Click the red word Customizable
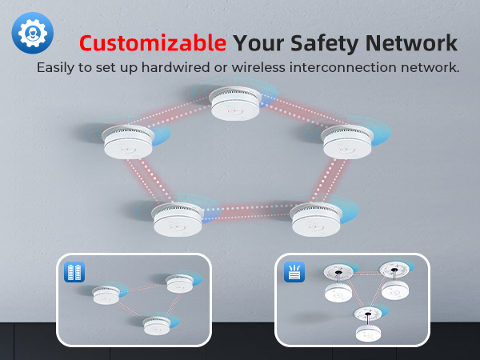tap(153, 43)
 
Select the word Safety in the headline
tap(324, 44)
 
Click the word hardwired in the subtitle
tap(175, 67)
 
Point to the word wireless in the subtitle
tap(258, 67)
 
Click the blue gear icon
tap(33, 33)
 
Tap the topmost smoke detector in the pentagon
tap(235, 103)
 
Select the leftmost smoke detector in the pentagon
tap(128, 142)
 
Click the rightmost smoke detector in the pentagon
tap(347, 142)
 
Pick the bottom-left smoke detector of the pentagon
tap(178, 219)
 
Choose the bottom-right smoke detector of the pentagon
tap(316, 219)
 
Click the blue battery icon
tap(74, 272)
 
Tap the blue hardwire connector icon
tap(294, 272)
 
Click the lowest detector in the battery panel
tap(157, 326)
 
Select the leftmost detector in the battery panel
tap(106, 295)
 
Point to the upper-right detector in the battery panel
tap(180, 284)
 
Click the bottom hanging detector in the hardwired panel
tap(369, 334)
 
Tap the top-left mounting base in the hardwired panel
tap(338, 271)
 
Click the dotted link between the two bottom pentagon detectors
tap(246, 213)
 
